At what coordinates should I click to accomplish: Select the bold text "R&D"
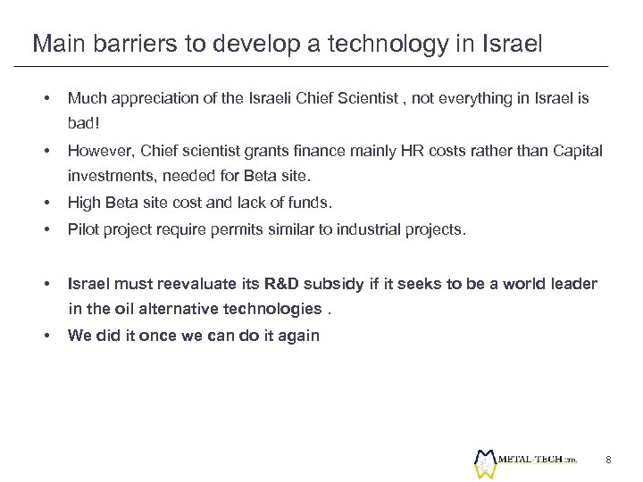tap(276, 285)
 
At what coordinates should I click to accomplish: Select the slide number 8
tap(607, 459)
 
